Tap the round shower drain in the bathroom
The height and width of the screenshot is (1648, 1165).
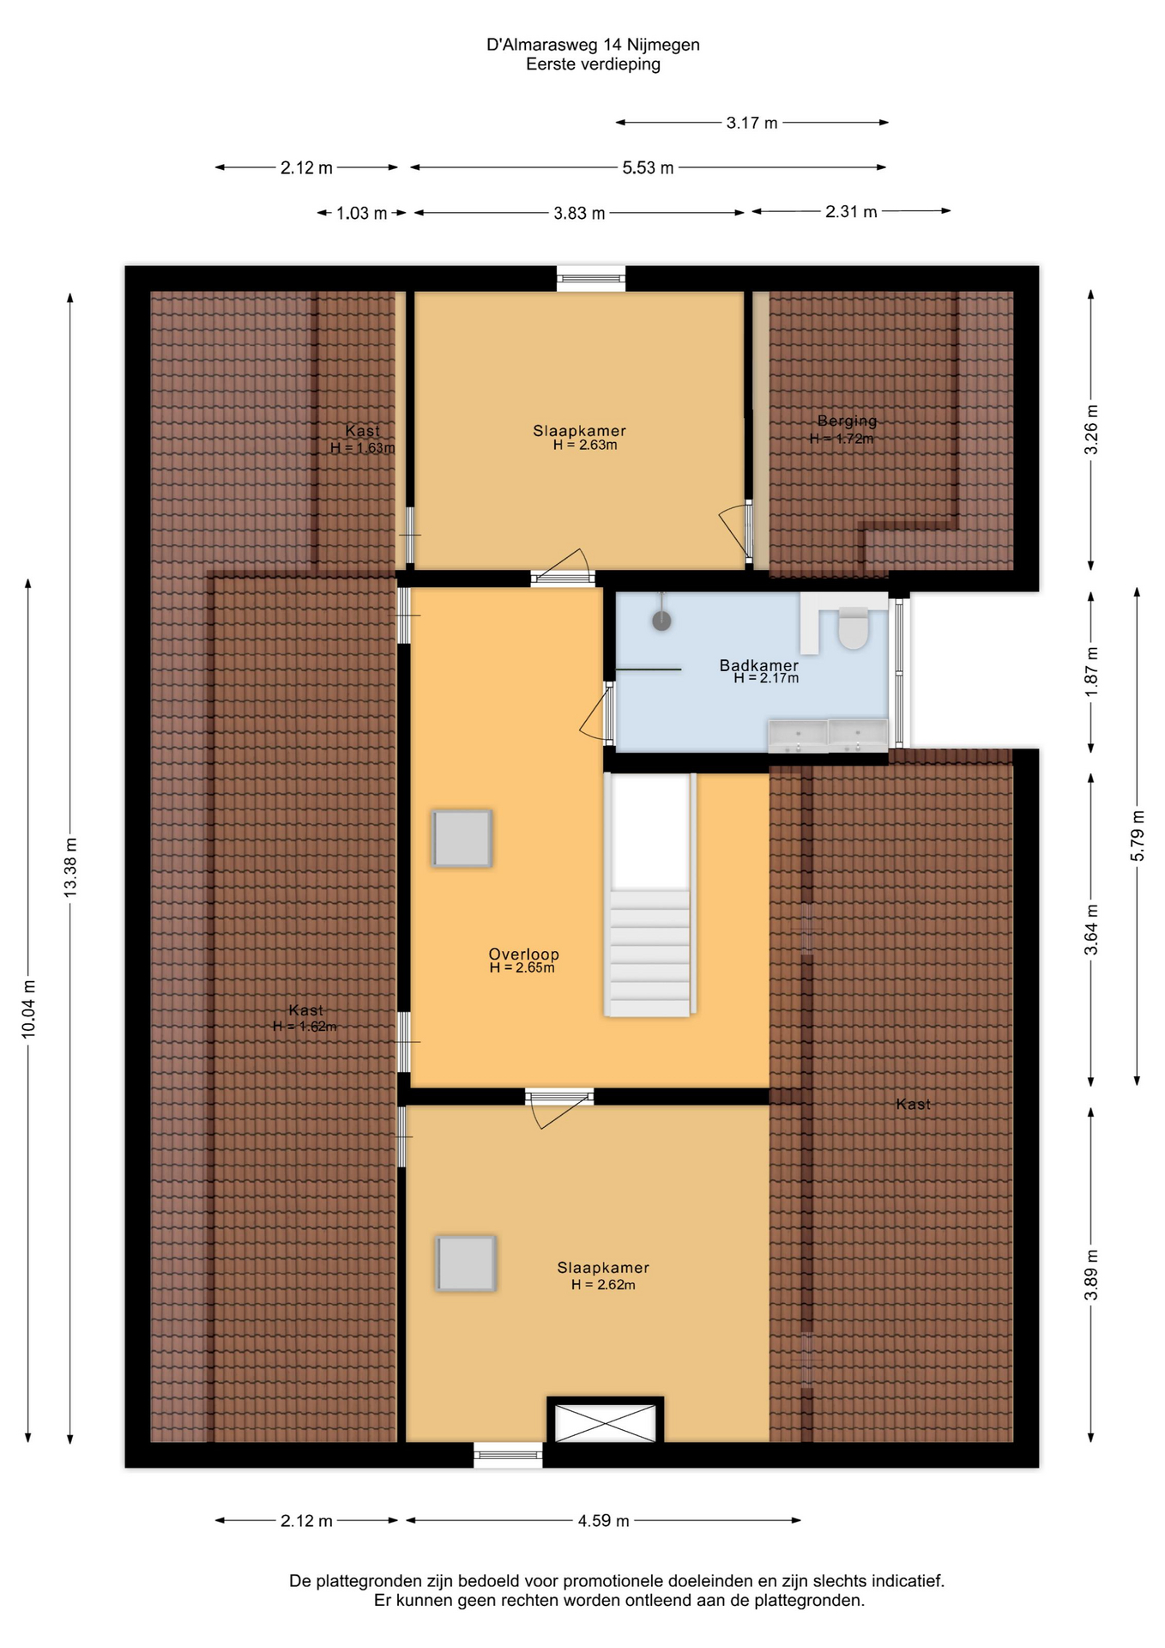click(661, 621)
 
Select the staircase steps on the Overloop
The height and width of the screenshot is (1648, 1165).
click(649, 953)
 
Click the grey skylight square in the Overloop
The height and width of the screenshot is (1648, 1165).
click(462, 838)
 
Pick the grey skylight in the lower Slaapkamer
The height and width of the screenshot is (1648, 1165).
click(466, 1263)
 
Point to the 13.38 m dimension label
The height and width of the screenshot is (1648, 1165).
click(70, 868)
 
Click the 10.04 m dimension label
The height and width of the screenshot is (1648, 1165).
click(28, 1009)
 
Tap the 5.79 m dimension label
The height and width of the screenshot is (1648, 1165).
click(1138, 835)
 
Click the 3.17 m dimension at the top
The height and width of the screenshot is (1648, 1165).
click(752, 123)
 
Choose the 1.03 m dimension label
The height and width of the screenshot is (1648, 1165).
click(361, 213)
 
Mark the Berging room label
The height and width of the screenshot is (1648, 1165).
click(847, 421)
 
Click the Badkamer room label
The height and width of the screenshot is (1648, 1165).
click(759, 665)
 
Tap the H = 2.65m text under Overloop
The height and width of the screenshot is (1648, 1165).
click(522, 968)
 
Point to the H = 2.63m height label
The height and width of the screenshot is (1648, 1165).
click(585, 445)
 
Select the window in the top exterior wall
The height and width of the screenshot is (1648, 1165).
click(591, 278)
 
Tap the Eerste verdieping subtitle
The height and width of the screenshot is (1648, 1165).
click(594, 64)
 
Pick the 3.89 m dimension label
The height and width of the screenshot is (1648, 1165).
click(1091, 1275)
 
